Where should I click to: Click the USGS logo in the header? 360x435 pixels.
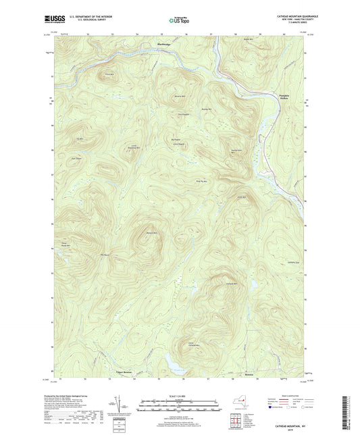(54, 20)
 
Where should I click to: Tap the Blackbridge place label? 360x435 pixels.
(165, 45)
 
